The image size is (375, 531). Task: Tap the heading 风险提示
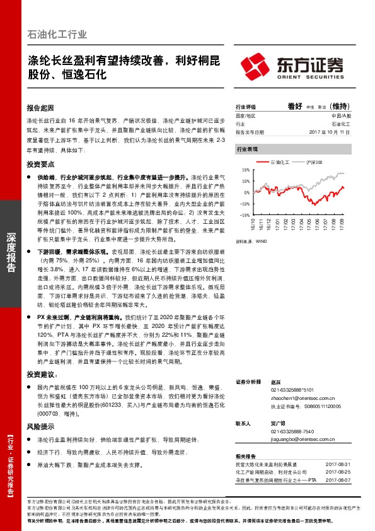pyautogui.click(x=41, y=427)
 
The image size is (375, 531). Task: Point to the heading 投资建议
pyautogui.click(x=41, y=375)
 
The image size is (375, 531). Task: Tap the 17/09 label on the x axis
pyautogui.click(x=341, y=224)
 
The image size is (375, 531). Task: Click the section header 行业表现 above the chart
pyautogui.click(x=248, y=149)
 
